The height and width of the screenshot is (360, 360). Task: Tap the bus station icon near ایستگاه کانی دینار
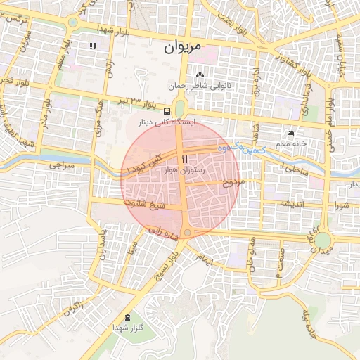click(x=167, y=111)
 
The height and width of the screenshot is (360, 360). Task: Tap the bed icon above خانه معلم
click(x=291, y=134)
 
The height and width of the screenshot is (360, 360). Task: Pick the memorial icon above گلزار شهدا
click(x=127, y=317)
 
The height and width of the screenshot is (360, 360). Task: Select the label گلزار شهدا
click(x=127, y=328)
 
